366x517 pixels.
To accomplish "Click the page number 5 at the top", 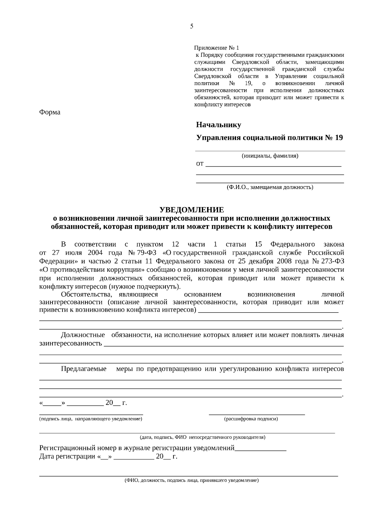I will [192, 26].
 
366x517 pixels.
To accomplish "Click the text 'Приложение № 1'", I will [217, 48].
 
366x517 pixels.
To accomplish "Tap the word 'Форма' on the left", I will [50, 112].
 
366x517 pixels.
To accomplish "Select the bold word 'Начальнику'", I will [218, 125].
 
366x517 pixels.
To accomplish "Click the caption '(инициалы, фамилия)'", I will [270, 156].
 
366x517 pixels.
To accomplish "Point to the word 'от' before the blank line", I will [199, 164].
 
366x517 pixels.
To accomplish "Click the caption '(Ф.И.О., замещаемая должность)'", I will [270, 187].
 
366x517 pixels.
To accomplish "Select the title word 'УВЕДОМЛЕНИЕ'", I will [192, 210].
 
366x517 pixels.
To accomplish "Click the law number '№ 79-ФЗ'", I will [142, 253].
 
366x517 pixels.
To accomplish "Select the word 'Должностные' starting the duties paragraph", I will [83, 335].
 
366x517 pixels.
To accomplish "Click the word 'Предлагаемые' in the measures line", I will [84, 369].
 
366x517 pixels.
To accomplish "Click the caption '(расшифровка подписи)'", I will [251, 419].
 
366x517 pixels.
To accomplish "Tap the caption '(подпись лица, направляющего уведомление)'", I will [91, 419].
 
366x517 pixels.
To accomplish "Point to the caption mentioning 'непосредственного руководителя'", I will [203, 437].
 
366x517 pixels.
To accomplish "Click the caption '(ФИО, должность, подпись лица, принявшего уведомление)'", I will [192, 480].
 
